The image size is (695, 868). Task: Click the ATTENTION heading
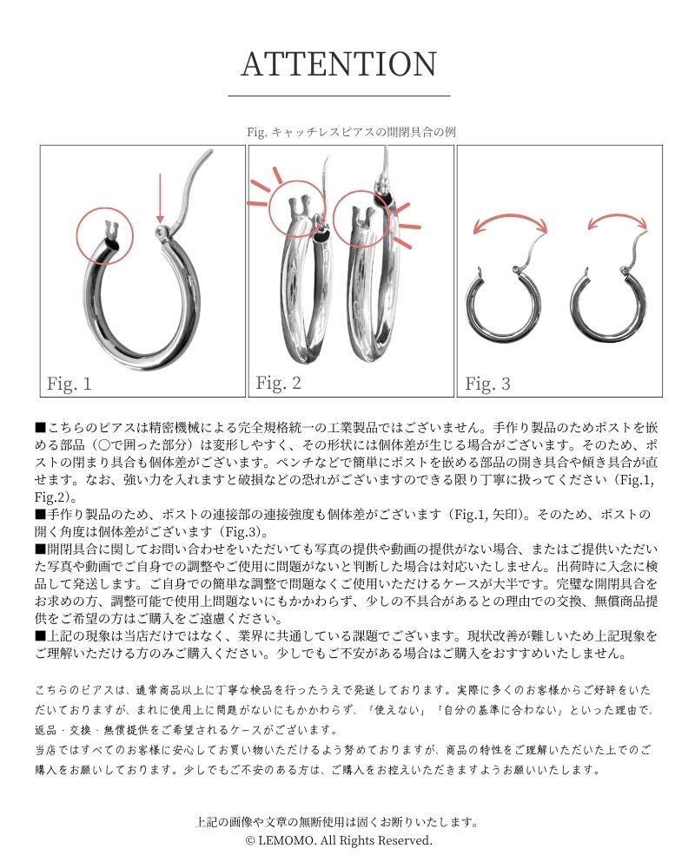[x=339, y=64]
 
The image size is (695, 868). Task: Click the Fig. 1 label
[x=69, y=384]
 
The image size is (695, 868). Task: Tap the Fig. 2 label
[x=278, y=383]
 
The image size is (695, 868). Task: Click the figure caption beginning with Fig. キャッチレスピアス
[x=351, y=132]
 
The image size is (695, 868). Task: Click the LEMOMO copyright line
[x=339, y=840]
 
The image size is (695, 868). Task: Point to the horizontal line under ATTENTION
[x=339, y=95]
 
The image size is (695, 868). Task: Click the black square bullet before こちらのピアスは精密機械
[x=40, y=427]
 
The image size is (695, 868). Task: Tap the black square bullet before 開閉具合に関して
[x=40, y=549]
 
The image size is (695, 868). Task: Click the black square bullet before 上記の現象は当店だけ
[x=40, y=635]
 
